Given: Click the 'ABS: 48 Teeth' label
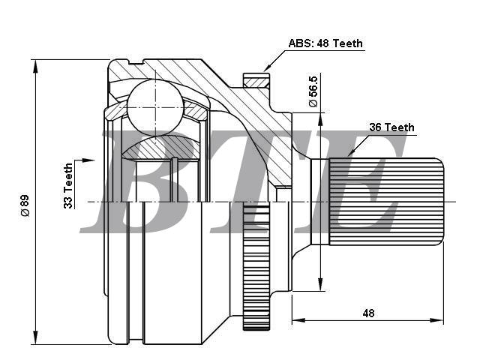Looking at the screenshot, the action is [x=325, y=43].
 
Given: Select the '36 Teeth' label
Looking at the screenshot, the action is [x=391, y=127].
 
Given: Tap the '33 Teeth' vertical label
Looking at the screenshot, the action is [x=68, y=186].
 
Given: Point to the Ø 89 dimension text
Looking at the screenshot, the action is [x=25, y=205].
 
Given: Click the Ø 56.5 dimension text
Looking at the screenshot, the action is [x=313, y=91].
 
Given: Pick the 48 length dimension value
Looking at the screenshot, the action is [x=368, y=313].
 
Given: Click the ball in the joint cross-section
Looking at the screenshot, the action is [x=155, y=107].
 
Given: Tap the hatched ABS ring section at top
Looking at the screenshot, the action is [x=256, y=82].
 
